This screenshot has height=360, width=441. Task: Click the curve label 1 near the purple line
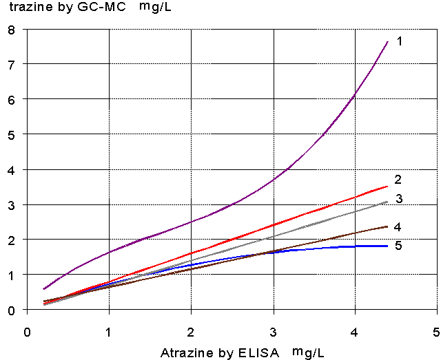pos(399,41)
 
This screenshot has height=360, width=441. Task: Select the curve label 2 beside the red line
pos(398,180)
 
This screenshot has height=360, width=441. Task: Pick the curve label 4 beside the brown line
pos(398,226)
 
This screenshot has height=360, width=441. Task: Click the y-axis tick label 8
pos(11,30)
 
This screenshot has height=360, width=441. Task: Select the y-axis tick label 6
pos(11,99)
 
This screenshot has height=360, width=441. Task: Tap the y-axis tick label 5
pos(11,135)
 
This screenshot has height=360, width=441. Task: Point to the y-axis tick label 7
pos(11,64)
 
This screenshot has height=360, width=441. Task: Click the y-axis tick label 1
pos(11,275)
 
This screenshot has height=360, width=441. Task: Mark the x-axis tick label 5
pos(437,330)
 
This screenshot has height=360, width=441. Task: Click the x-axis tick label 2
pos(191,330)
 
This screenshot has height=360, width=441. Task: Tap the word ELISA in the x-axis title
pos(263,353)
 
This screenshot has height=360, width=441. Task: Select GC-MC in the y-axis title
pos(108,10)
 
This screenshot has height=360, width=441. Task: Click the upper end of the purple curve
pos(388,42)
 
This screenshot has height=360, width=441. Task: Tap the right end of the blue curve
pos(388,246)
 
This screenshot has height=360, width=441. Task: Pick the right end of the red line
pos(388,186)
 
